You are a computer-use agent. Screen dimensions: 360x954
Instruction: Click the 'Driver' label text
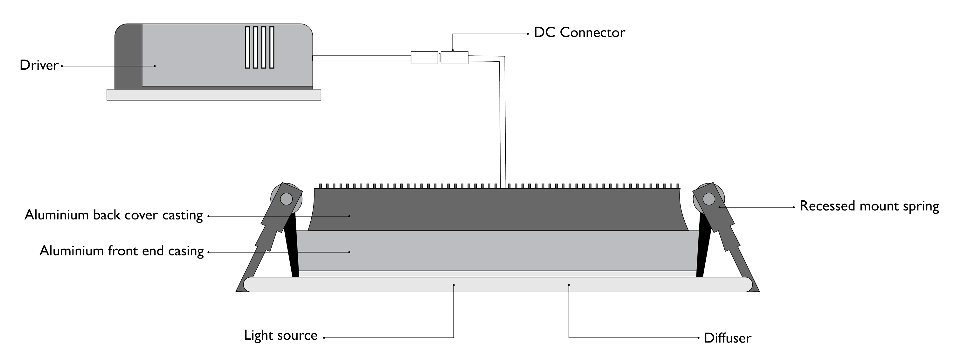coord(39,66)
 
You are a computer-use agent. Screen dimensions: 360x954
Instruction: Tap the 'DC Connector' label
coord(579,32)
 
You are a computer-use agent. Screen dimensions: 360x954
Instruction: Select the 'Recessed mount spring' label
coord(869,206)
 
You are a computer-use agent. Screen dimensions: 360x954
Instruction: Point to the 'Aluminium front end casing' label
coord(121,251)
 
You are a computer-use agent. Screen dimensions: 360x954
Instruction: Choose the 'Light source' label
coord(281,336)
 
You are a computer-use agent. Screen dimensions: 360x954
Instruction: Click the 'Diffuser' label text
coord(727,338)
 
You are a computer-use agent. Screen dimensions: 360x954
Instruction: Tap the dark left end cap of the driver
coord(128,56)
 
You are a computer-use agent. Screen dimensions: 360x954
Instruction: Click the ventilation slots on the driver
coord(259,47)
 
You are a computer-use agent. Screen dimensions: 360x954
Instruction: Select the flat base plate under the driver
coord(214,95)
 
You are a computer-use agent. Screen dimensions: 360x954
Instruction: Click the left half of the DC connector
coord(424,58)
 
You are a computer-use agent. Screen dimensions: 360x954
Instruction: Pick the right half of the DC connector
coord(454,58)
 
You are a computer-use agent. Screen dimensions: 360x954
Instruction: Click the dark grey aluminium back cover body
coord(496,209)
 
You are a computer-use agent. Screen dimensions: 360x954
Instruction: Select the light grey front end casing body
coord(496,251)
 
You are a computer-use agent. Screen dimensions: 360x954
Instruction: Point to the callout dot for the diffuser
coord(569,285)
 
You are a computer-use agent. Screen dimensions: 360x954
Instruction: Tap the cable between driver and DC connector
coord(361,58)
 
